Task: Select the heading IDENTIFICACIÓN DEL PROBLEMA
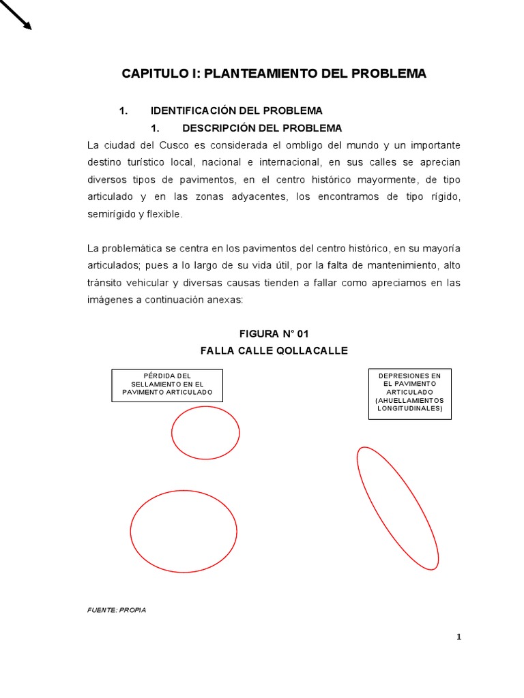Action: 237,110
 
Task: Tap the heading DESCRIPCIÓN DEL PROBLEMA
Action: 263,128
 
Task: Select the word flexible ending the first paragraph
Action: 166,214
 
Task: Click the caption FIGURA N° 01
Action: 274,333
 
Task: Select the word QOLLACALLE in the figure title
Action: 312,350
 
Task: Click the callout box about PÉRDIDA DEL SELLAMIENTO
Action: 167,384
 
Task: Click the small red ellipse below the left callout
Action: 205,432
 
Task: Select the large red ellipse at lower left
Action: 184,531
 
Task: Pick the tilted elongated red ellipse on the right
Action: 397,508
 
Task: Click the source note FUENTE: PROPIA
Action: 117,610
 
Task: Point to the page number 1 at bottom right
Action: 459,637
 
